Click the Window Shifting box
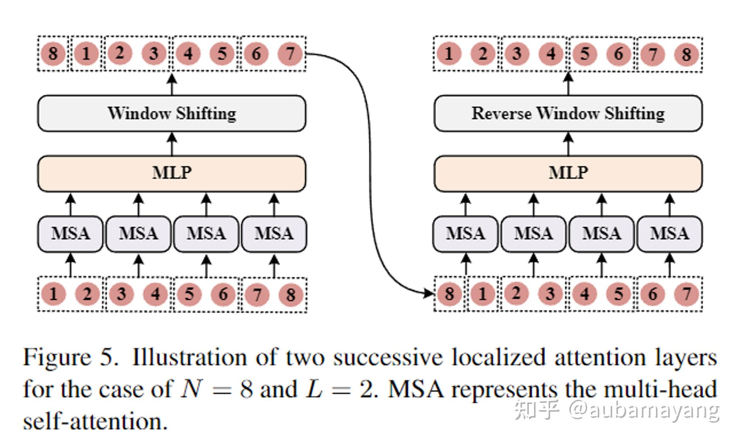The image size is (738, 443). [172, 113]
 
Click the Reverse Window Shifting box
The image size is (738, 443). [568, 113]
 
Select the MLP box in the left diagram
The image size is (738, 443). [172, 173]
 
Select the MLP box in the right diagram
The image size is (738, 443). [568, 173]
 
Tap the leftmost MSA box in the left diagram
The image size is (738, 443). [70, 234]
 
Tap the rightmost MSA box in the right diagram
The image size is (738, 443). [669, 234]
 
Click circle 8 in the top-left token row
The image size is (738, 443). [53, 54]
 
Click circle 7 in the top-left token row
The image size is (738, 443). [290, 54]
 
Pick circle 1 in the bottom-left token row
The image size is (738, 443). [53, 294]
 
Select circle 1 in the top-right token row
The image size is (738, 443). [449, 54]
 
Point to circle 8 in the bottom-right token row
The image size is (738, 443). [449, 294]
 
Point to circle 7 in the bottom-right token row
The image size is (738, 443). [686, 294]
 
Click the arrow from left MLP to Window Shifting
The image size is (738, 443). [172, 144]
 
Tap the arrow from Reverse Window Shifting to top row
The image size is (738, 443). [568, 83]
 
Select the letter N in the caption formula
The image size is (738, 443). [191, 389]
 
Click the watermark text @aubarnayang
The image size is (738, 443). [644, 410]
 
